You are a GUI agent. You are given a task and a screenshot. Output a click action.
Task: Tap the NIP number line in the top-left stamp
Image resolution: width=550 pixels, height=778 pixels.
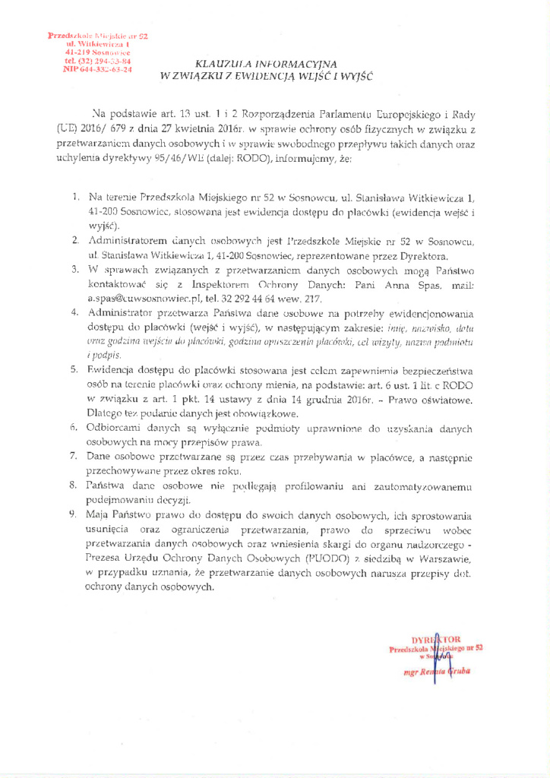coord(97,69)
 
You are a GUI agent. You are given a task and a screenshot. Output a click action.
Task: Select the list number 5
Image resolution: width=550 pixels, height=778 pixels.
coord(74,369)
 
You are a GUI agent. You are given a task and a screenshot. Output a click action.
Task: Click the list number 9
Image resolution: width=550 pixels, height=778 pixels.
coord(74,514)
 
